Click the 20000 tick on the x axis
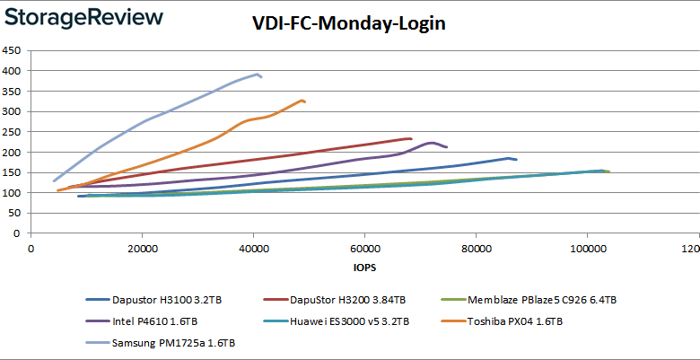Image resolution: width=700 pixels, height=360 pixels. [x=142, y=248]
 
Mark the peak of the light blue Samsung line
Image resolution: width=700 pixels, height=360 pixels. [x=258, y=74]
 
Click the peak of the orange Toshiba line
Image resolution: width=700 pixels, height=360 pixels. [x=302, y=100]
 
